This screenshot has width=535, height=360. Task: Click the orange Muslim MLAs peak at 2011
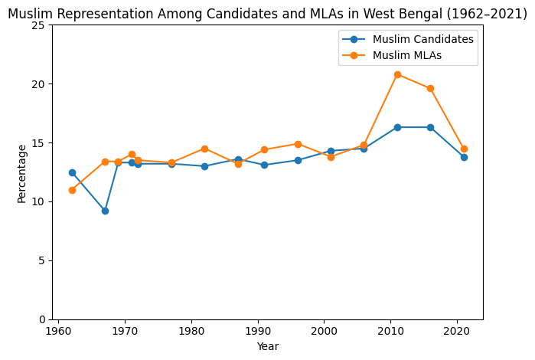pyautogui.click(x=397, y=74)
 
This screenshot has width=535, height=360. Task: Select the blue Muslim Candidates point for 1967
pyautogui.click(x=105, y=211)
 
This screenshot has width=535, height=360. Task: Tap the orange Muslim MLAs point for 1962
pyautogui.click(x=72, y=190)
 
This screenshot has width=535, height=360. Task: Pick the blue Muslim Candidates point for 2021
pyautogui.click(x=464, y=157)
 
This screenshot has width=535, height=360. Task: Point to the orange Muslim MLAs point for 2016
pyautogui.click(x=430, y=88)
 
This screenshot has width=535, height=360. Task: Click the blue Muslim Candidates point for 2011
pyautogui.click(x=397, y=127)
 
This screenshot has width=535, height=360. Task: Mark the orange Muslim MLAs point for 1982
pyautogui.click(x=204, y=149)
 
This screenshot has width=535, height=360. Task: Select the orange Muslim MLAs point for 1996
pyautogui.click(x=298, y=144)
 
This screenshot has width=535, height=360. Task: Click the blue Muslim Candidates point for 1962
pyautogui.click(x=72, y=172)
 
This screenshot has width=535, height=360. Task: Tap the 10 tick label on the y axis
pyautogui.click(x=42, y=201)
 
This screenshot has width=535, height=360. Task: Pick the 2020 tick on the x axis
pyautogui.click(x=457, y=319)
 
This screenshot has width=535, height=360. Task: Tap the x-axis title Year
pyautogui.click(x=268, y=346)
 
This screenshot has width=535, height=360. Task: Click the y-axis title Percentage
pyautogui.click(x=21, y=172)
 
